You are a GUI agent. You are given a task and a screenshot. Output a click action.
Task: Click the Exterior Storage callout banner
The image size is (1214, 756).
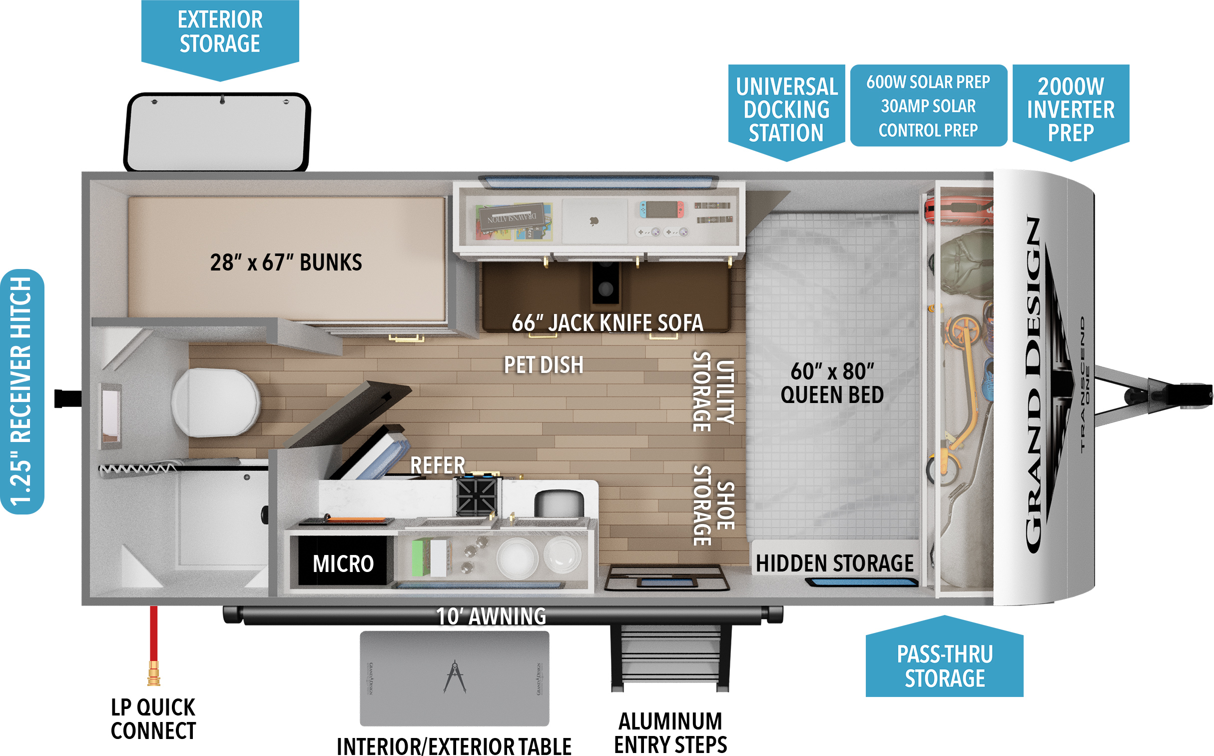pyautogui.click(x=220, y=32)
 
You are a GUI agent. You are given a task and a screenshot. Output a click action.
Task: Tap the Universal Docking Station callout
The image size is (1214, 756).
pyautogui.click(x=786, y=109)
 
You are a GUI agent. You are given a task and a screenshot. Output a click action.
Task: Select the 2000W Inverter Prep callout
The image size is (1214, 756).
pyautogui.click(x=1071, y=109)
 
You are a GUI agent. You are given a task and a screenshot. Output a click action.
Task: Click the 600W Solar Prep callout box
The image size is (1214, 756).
pyautogui.click(x=928, y=105)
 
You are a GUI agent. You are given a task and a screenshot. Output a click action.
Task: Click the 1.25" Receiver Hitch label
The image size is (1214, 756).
pyautogui.click(x=22, y=391)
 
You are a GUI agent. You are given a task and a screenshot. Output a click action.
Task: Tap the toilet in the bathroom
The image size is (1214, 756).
pyautogui.click(x=216, y=402)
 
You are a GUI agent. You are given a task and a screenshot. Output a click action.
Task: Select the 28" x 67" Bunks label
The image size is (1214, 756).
pyautogui.click(x=286, y=262)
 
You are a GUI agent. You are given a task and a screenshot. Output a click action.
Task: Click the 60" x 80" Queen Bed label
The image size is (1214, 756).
pyautogui.click(x=832, y=383)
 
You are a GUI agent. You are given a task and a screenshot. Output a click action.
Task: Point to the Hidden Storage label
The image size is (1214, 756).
pyautogui.click(x=834, y=563)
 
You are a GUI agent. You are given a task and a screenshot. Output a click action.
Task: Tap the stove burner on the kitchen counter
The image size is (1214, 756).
pyautogui.click(x=477, y=496)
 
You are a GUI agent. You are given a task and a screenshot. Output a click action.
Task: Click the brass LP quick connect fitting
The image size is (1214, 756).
pyautogui.click(x=154, y=673)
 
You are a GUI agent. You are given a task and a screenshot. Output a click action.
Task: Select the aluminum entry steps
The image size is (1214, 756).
pyautogui.click(x=670, y=657)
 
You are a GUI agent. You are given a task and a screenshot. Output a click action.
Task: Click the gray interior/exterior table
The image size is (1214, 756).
pyautogui.click(x=454, y=678)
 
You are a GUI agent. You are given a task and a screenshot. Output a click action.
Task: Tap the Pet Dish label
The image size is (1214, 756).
pyautogui.click(x=544, y=365)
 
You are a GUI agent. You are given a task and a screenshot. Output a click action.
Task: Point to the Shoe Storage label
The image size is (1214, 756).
pyautogui.click(x=714, y=505)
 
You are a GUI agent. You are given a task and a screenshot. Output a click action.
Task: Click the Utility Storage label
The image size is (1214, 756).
pyautogui.click(x=714, y=391)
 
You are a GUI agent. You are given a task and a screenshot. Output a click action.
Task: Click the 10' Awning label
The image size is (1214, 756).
pyautogui.click(x=491, y=616)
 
